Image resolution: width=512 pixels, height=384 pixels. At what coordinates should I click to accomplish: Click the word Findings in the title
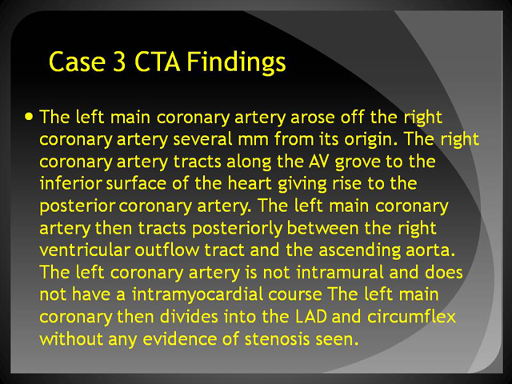tap(236, 62)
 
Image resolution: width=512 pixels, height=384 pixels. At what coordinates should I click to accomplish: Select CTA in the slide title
tap(157, 62)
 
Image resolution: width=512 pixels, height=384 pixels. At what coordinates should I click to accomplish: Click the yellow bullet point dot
tap(29, 117)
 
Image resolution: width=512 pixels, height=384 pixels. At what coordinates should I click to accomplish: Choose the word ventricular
tap(85, 250)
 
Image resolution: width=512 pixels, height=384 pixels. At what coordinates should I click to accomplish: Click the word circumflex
tap(411, 317)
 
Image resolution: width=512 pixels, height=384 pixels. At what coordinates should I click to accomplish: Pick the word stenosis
tap(277, 339)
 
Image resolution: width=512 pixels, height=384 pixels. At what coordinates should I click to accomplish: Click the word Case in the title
tap(78, 62)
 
